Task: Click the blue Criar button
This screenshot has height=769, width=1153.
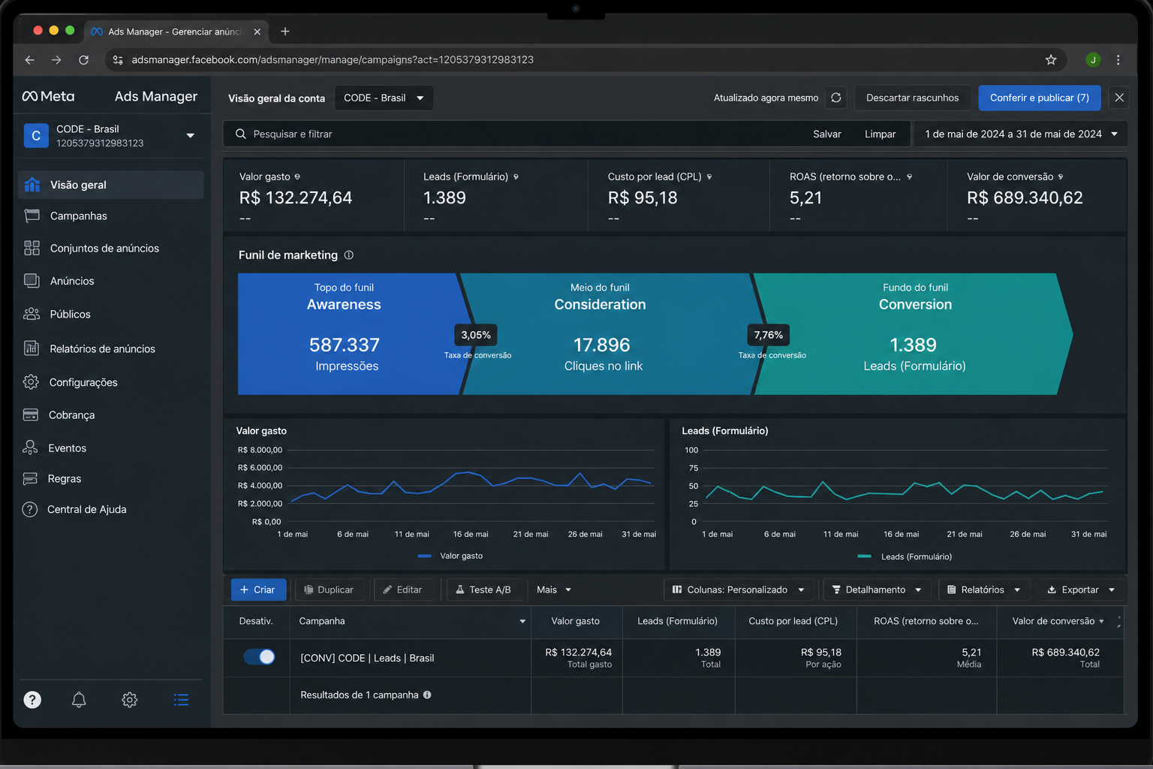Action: click(x=258, y=590)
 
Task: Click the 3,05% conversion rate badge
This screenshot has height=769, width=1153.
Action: click(x=476, y=335)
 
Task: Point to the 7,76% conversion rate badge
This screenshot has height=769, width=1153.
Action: click(x=768, y=335)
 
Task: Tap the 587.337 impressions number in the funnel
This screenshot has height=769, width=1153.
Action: click(x=345, y=345)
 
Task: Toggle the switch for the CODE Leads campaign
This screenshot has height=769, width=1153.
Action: click(x=260, y=657)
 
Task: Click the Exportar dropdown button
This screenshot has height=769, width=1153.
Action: click(x=1080, y=590)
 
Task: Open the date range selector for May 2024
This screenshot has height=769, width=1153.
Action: click(x=1021, y=134)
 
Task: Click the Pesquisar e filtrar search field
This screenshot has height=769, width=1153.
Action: click(x=515, y=134)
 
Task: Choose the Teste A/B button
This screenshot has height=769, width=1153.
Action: click(x=483, y=590)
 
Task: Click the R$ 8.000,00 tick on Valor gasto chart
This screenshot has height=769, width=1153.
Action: click(x=260, y=450)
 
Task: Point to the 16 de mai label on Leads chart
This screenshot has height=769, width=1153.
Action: click(x=901, y=534)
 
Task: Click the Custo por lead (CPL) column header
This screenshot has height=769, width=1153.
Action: click(x=793, y=621)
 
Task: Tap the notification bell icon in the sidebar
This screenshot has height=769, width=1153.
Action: click(x=79, y=699)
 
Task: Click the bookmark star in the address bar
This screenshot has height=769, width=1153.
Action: click(x=1051, y=60)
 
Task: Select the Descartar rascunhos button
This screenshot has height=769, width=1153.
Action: click(x=912, y=98)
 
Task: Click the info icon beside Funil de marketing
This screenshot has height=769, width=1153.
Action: click(x=349, y=255)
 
